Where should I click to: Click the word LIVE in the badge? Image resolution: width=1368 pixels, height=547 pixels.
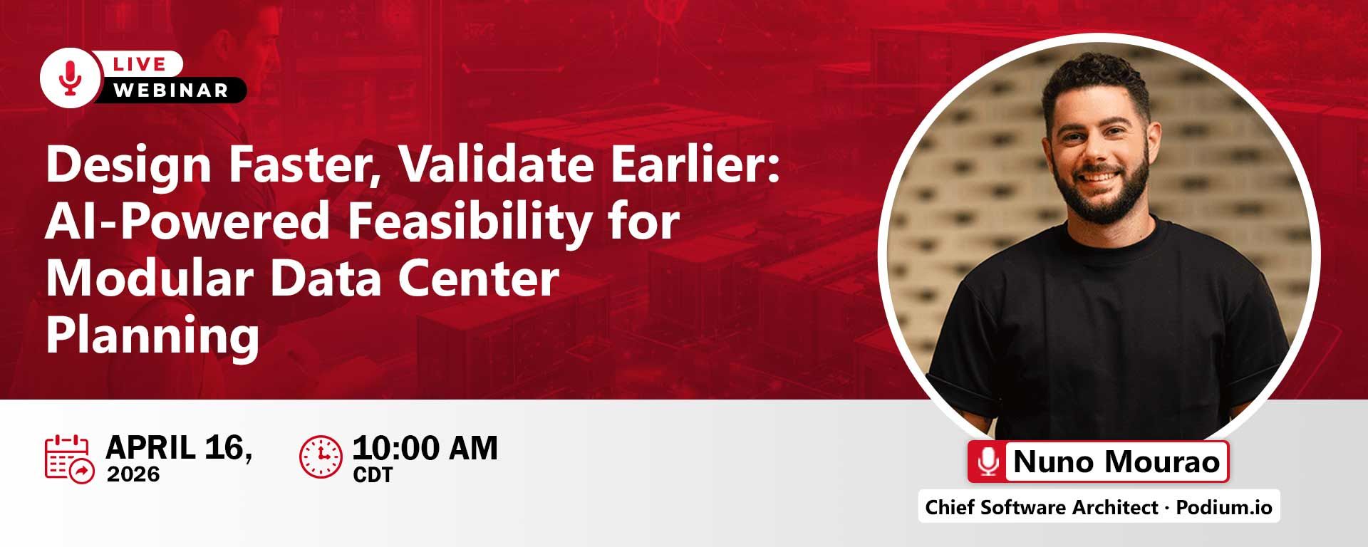point(140,64)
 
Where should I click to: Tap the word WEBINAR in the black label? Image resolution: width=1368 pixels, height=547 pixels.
point(170,90)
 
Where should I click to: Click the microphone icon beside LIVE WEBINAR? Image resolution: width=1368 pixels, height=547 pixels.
point(70,77)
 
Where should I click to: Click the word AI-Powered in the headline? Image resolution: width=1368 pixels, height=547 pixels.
point(187,222)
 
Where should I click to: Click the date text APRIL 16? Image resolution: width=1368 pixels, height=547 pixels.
point(179,448)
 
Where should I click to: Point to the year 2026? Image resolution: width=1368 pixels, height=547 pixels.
point(133,474)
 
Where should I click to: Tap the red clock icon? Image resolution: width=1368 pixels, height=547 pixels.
point(321,457)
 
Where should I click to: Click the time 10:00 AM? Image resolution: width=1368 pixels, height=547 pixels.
point(425,448)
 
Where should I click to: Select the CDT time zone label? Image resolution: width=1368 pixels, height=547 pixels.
point(373,475)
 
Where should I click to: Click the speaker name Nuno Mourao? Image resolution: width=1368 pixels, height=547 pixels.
point(1116,462)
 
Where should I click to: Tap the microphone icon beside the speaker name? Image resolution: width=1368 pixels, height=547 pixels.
point(988,462)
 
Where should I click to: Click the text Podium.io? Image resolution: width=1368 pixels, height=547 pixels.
point(1224,507)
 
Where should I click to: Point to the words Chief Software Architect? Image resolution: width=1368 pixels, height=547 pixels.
point(1042,507)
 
